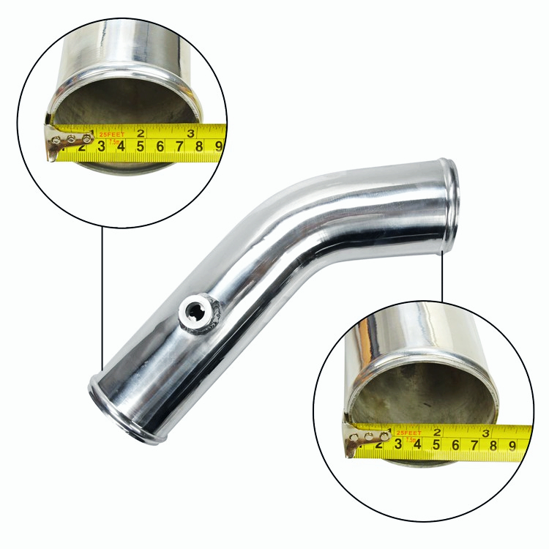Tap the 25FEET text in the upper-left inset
tap(111, 135)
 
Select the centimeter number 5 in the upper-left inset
tap(140, 146)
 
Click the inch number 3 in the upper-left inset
tap(190, 132)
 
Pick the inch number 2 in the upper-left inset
tap(141, 134)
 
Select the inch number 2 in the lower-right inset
tap(437, 432)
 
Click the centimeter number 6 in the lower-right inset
tap(455, 443)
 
